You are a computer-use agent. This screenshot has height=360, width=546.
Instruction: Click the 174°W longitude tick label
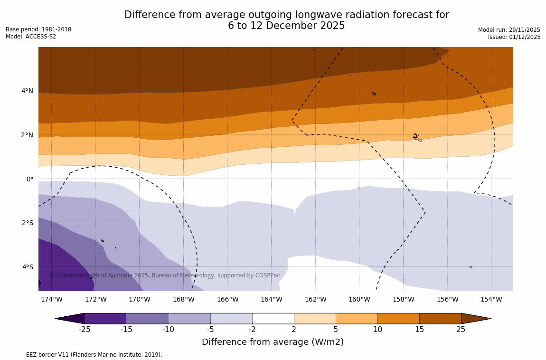coord(51,299)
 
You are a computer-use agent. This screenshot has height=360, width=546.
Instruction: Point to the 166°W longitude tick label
coord(227,299)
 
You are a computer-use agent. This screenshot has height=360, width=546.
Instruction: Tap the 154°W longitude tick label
coord(491,299)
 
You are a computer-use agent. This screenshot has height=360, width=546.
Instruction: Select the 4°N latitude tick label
coord(27,91)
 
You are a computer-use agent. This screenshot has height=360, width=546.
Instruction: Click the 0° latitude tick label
coord(29,179)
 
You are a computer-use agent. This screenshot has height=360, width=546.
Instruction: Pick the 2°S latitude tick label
coord(28,223)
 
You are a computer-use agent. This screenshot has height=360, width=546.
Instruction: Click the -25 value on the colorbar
coord(85,330)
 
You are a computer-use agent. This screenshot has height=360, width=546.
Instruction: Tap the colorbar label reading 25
coord(461,330)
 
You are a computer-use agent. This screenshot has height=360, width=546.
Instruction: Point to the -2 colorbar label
coord(252,330)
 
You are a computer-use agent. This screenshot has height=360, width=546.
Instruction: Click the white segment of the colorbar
coord(273,318)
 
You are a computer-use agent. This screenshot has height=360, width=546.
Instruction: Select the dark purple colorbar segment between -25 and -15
coord(105,318)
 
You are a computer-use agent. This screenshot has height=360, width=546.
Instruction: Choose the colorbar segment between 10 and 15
coord(398,318)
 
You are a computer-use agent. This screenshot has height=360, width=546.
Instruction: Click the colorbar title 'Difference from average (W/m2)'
coord(273,342)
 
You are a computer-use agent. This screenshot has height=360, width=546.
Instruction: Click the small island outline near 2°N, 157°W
coord(416,137)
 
